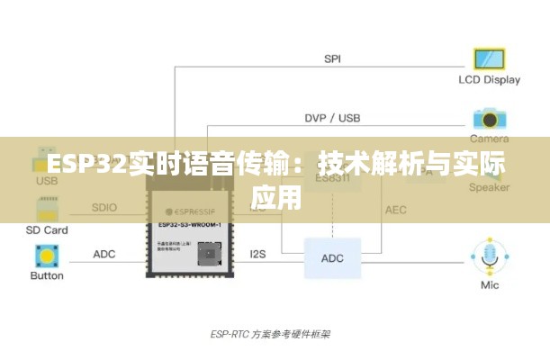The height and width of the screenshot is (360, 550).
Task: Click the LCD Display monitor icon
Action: [x=490, y=59]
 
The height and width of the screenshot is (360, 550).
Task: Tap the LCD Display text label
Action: [x=490, y=79]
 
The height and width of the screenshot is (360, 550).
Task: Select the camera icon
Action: [x=490, y=119]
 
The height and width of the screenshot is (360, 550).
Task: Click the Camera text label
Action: [x=490, y=139]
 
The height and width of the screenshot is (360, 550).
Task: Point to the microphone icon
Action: [x=490, y=256]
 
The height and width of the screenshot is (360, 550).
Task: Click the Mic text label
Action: [x=490, y=285]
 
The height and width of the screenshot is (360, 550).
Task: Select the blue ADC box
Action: [x=332, y=258]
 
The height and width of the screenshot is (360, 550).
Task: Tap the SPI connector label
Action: [x=332, y=58]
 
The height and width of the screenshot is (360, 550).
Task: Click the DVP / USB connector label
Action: [x=332, y=119]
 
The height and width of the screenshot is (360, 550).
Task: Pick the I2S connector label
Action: [x=258, y=255]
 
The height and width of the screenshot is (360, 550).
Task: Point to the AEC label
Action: [x=396, y=210]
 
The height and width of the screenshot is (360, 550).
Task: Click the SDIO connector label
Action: [x=104, y=208]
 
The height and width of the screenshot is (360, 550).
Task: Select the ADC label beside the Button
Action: [x=104, y=255]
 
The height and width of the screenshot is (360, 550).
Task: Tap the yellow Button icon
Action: [x=47, y=256]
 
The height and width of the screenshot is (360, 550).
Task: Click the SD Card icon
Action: [x=47, y=209]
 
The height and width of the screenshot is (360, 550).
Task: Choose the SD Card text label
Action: [x=47, y=229]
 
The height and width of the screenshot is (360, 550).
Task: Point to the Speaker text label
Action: [x=490, y=188]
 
